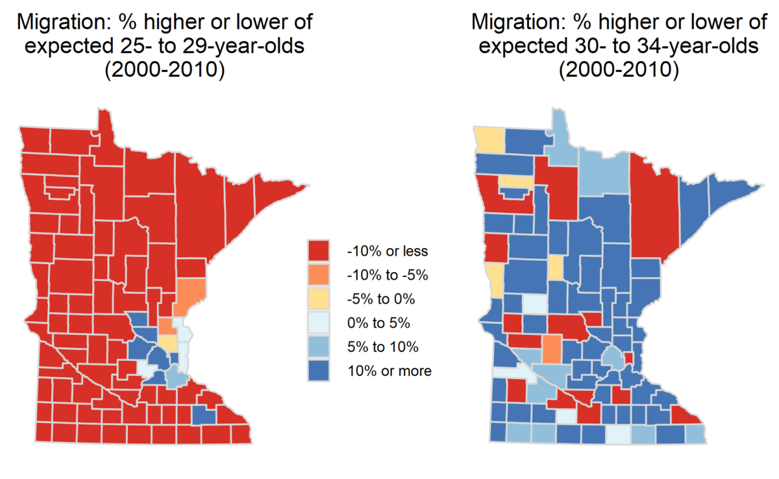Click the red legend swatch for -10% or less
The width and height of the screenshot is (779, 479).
click(x=318, y=250)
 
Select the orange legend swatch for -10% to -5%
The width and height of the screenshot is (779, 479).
click(x=318, y=274)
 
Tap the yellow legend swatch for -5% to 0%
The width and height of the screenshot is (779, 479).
click(x=318, y=299)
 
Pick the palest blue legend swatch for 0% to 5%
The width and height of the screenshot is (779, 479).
click(x=318, y=323)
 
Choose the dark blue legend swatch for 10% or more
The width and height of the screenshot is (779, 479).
click(x=318, y=371)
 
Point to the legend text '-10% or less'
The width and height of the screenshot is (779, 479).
click(x=388, y=251)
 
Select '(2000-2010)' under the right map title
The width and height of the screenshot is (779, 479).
click(x=619, y=70)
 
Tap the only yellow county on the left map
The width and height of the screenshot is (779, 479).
click(x=167, y=342)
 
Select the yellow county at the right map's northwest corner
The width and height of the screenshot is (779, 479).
click(x=489, y=138)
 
